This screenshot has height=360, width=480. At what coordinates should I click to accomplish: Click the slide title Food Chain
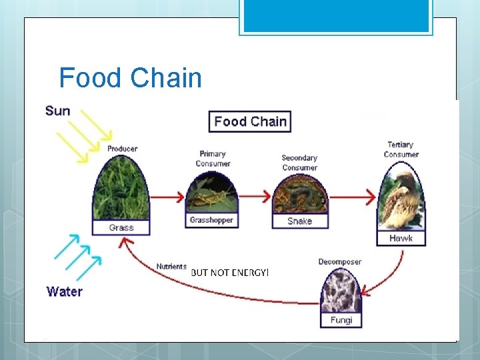130,78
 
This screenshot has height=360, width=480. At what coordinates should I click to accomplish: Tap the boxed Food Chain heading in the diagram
250,121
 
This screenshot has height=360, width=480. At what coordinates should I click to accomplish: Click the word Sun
58,111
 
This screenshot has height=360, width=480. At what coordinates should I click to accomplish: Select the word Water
65,291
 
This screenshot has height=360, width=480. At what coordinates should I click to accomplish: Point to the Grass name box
121,227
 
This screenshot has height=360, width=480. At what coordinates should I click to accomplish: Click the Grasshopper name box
211,220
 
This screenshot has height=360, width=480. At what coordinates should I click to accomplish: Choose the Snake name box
299,221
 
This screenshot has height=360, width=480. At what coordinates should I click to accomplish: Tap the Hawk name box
401,238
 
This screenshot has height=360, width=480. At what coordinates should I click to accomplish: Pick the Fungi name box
342,321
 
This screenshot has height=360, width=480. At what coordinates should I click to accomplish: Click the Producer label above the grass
122,149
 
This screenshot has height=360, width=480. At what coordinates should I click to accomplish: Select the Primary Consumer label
213,159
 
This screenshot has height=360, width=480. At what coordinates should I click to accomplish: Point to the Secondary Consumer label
299,163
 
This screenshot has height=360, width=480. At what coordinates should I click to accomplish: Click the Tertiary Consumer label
401,149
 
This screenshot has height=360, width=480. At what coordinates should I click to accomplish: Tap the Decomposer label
339,262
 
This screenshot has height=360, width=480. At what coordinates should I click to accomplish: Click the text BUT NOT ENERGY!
229,273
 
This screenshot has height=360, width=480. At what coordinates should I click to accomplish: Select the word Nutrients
171,267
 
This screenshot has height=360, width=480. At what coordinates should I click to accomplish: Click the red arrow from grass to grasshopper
168,197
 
